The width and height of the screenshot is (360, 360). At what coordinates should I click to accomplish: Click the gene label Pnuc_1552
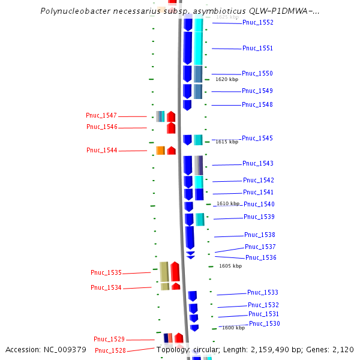tap(258, 23)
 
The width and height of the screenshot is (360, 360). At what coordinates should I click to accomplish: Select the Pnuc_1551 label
tap(257, 49)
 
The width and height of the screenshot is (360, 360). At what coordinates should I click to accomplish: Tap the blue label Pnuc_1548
tap(257, 105)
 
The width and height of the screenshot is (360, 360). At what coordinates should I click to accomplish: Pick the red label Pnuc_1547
tap(101, 116)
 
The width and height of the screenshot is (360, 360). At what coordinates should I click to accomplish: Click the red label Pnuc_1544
tap(102, 151)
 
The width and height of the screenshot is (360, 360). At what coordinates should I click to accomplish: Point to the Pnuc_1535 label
tap(106, 273)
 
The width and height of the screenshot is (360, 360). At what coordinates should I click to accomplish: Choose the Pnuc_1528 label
tap(110, 350)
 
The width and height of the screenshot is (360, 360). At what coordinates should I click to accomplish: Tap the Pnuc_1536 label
tap(261, 258)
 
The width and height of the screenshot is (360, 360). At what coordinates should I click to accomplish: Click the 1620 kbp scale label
tap(227, 79)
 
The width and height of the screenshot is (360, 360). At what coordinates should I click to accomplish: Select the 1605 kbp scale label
tap(230, 266)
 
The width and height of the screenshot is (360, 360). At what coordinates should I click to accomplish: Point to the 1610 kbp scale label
tap(228, 204)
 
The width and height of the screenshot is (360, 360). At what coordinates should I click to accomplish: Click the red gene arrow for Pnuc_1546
tap(171, 128)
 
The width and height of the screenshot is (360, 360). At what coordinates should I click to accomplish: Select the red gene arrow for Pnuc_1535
tap(175, 272)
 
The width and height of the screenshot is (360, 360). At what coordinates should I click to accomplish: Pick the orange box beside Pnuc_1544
tap(160, 150)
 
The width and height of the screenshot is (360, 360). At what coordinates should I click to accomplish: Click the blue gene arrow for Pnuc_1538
tap(190, 238)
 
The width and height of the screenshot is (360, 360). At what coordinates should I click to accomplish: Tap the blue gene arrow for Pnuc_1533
tap(193, 296)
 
